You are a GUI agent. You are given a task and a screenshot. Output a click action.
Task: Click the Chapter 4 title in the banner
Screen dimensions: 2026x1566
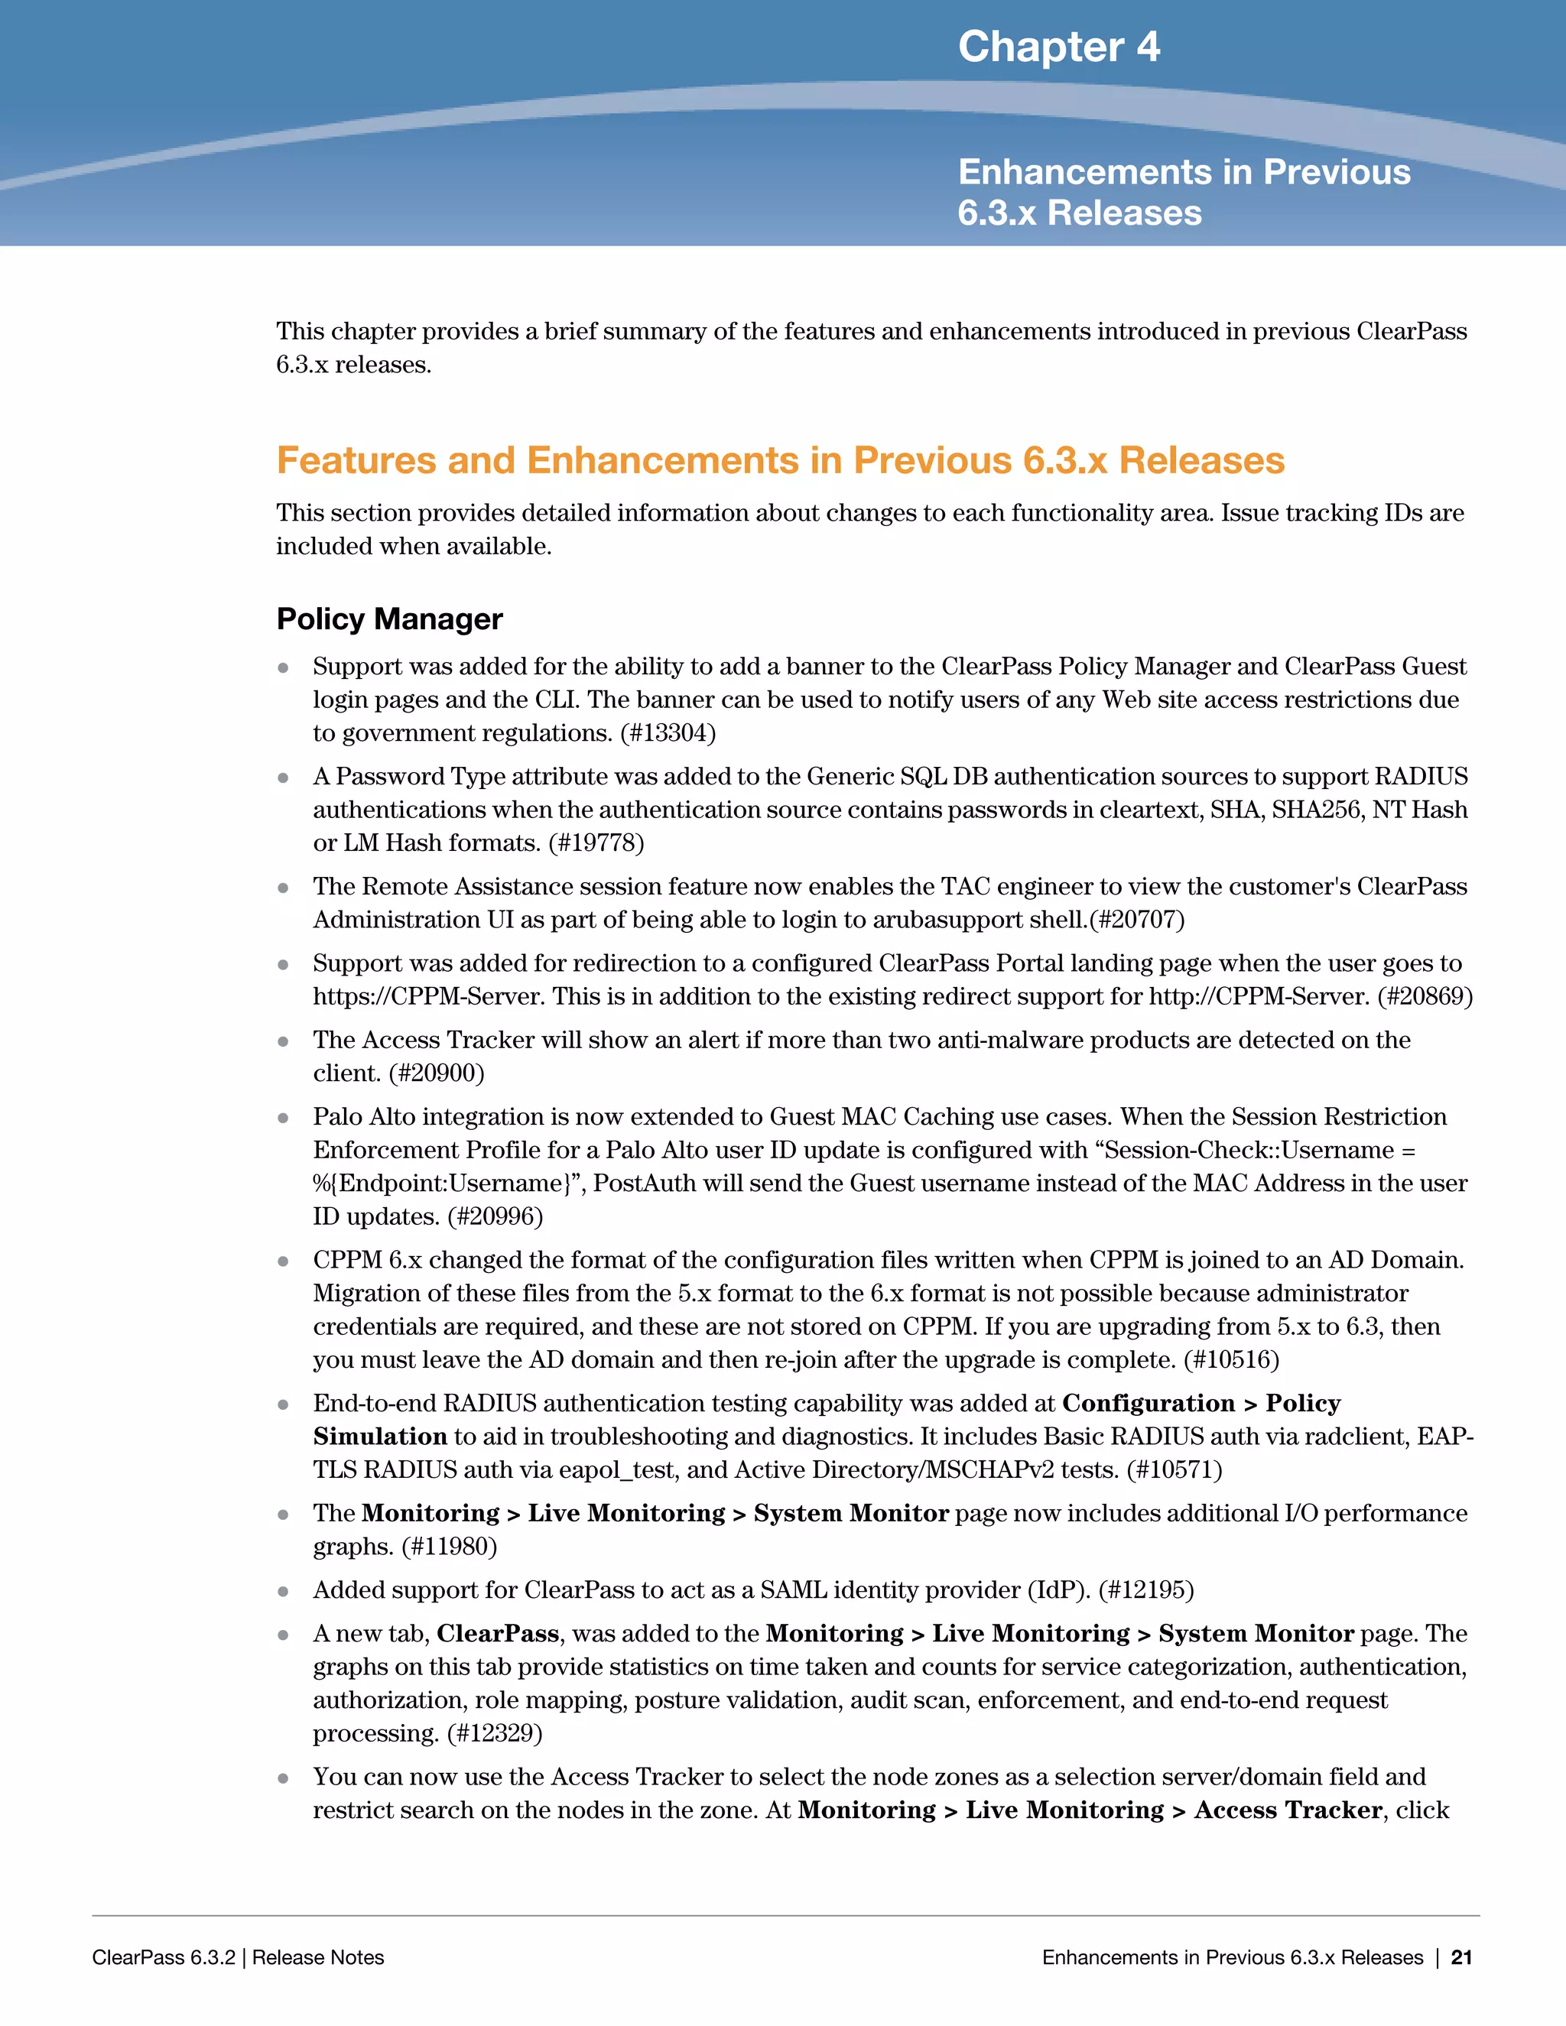point(1058,47)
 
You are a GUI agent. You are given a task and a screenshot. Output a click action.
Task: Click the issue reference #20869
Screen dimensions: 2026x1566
point(1425,996)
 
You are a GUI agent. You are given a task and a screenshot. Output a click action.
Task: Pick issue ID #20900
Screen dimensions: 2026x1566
point(436,1073)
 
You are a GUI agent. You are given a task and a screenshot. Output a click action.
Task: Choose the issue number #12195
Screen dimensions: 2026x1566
point(1145,1590)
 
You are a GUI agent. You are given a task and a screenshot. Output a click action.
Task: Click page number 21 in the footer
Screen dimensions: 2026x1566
point(1461,1957)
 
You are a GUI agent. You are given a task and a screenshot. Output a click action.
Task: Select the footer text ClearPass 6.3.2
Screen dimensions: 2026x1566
point(164,1957)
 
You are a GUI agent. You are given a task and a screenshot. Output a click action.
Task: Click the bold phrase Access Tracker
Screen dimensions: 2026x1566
point(1288,1810)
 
